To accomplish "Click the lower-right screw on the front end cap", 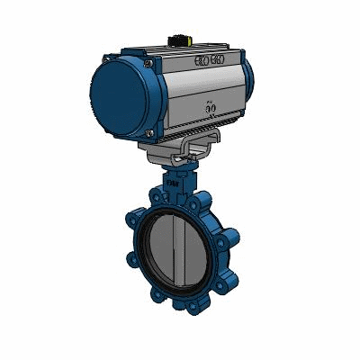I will [147, 131].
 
